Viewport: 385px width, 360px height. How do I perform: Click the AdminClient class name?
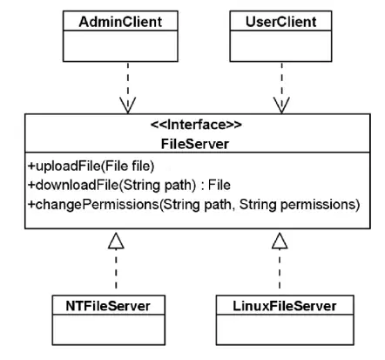coord(120,22)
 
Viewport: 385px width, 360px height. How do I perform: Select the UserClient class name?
coord(280,22)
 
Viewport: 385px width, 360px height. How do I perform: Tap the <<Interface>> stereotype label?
coord(196,125)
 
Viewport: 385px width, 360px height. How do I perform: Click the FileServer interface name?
coord(195,144)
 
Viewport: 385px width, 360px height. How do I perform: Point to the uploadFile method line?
coord(91,166)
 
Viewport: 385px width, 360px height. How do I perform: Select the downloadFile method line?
coord(129,185)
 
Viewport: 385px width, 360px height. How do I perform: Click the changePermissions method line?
coord(193,205)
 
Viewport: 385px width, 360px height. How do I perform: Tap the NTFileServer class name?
coord(108,306)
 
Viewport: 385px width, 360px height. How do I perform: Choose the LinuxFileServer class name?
coord(285,306)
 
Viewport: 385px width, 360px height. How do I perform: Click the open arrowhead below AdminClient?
coord(128,105)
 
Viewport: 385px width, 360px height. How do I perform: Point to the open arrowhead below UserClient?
coord(281,105)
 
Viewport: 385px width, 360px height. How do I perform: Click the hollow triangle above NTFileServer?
coord(116,241)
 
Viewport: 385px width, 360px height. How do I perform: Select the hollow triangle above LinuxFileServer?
coord(280,241)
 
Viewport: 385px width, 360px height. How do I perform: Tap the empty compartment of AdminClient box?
coord(120,46)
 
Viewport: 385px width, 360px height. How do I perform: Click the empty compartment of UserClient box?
coord(280,46)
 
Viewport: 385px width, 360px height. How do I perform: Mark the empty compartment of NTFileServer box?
coord(109,329)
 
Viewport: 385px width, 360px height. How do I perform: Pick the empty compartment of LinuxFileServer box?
coord(285,329)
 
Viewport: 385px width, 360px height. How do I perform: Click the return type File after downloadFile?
coord(220,185)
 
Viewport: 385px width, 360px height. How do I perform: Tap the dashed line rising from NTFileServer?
coord(116,269)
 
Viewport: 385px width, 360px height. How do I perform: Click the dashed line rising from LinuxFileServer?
coord(280,269)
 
